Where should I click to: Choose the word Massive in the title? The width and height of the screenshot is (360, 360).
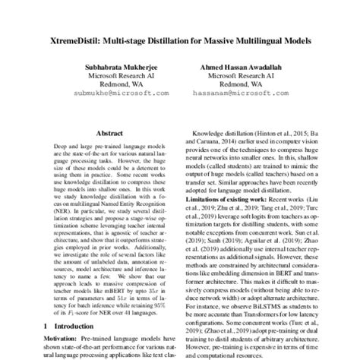click(x=202, y=37)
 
